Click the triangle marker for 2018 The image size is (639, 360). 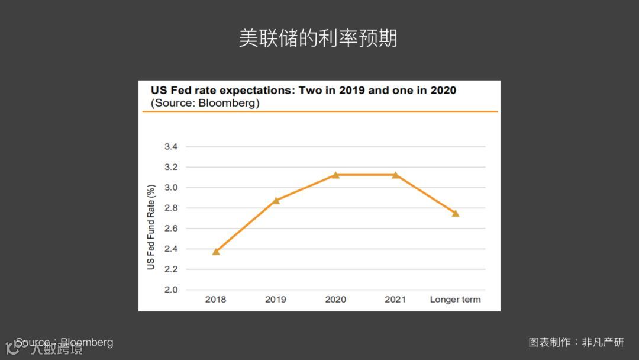[216, 252]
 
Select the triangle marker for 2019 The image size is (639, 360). [276, 200]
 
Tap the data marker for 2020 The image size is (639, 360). [335, 175]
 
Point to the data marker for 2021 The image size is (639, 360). [395, 175]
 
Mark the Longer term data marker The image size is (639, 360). [456, 213]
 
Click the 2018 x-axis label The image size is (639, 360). [216, 299]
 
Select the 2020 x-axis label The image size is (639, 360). [335, 299]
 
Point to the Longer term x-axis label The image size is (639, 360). [455, 299]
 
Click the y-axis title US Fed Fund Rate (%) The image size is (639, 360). [151, 227]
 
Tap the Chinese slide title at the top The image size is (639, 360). [318, 38]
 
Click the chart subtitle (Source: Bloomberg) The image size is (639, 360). [205, 103]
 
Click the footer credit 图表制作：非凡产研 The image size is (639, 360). [576, 342]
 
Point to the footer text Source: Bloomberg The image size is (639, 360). [64, 342]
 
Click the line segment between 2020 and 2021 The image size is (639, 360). [365, 175]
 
